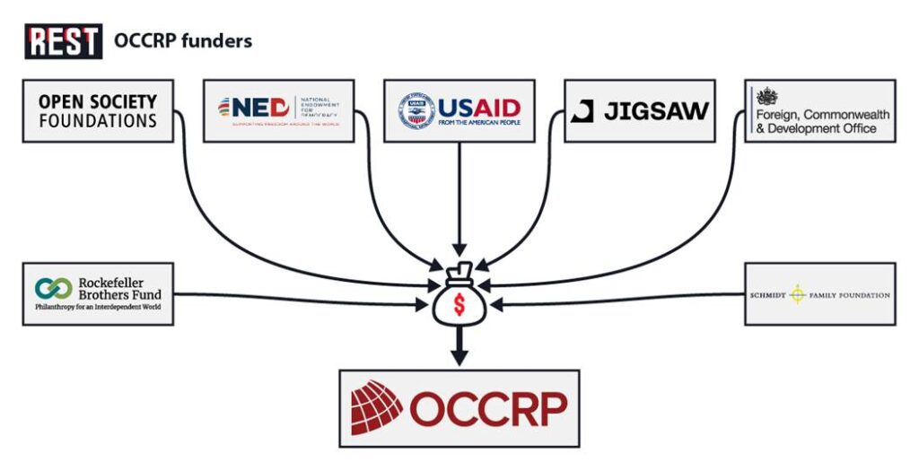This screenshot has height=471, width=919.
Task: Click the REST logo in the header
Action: [x=63, y=41]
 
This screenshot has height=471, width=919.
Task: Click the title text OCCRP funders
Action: [x=182, y=41]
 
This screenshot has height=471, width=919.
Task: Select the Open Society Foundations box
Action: [x=98, y=110]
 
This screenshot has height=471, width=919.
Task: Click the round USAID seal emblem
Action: [x=416, y=110]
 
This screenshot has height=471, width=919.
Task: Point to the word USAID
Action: [x=478, y=107]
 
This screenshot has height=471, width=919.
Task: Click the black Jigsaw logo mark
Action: [x=582, y=111]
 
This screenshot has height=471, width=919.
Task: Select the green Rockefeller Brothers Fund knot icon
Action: [x=53, y=289]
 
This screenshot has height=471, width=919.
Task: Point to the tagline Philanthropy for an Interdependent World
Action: [x=99, y=308]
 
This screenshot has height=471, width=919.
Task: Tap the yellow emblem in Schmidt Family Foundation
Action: [x=797, y=294]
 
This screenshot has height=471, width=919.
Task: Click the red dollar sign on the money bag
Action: [x=459, y=304]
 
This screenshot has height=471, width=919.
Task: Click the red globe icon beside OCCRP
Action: [x=377, y=408]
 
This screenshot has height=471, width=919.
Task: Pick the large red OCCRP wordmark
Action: [x=488, y=409]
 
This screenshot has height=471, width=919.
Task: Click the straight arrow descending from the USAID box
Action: [x=459, y=197]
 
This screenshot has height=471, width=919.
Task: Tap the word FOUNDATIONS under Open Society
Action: [x=98, y=120]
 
